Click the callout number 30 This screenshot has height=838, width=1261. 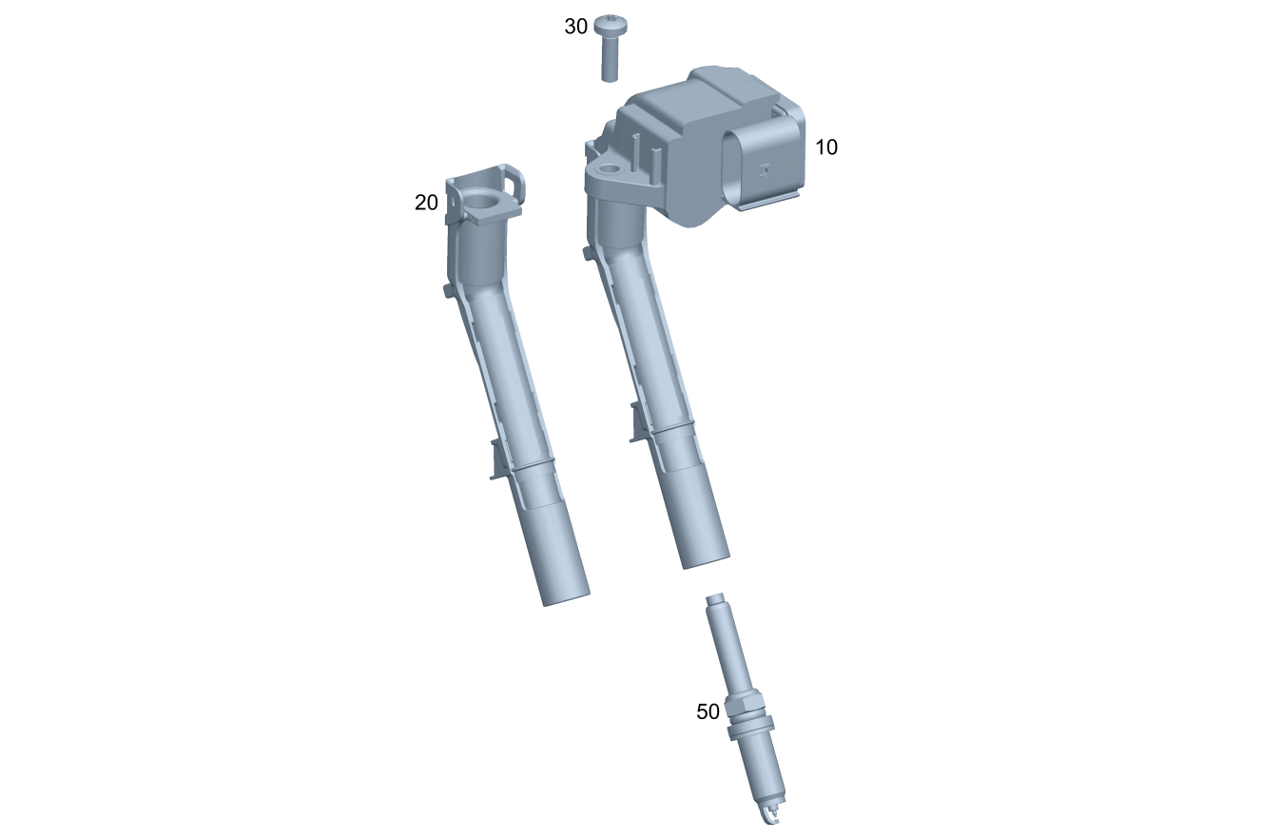pos(576,27)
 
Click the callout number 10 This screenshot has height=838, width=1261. pos(826,147)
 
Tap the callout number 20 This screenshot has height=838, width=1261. pos(426,203)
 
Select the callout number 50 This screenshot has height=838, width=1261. pos(708,711)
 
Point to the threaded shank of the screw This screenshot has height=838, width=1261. pos(610,58)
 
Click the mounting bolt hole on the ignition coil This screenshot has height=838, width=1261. pos(610,168)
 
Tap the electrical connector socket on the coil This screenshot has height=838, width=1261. pos(763,167)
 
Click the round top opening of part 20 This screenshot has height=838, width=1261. pos(481,204)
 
